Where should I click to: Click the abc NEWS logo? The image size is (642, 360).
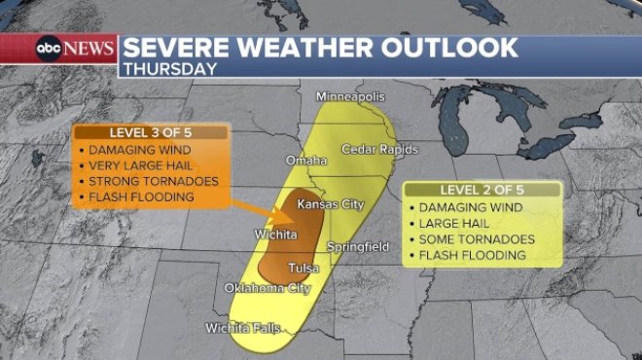click(76, 48)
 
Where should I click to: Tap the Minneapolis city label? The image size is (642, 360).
click(351, 97)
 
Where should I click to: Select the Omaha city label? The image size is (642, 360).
click(305, 160)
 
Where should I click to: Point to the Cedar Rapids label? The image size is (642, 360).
click(379, 149)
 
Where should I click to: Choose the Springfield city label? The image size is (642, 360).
click(358, 247)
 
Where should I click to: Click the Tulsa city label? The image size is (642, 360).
click(304, 268)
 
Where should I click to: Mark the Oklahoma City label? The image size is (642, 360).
click(267, 289)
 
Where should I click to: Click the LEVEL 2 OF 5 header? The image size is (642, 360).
click(482, 189)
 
